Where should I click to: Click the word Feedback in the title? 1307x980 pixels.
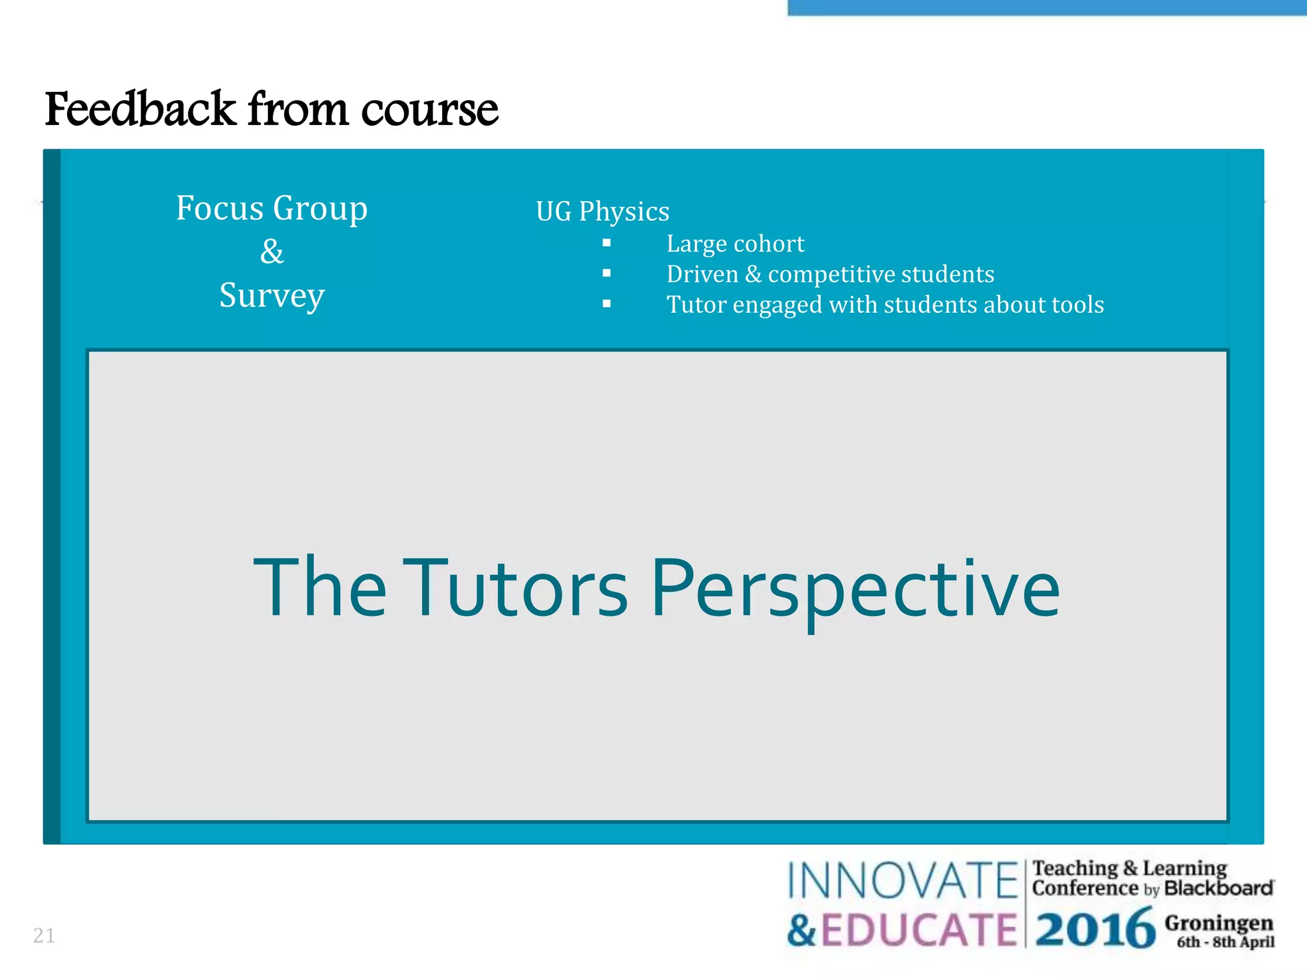140,109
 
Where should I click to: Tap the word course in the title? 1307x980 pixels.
429,110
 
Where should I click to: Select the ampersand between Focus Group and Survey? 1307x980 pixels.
272,251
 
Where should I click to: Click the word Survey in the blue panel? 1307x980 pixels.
272,295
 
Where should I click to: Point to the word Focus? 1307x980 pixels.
220,208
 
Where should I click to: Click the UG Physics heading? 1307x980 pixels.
602,211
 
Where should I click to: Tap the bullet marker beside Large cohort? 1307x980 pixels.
606,243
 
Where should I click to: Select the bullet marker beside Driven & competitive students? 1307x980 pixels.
606,274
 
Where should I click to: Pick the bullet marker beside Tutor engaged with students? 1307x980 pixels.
606,304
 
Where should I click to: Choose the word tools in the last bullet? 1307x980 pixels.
1078,304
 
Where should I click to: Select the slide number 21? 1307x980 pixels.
44,935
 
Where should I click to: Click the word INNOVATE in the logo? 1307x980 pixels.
902,881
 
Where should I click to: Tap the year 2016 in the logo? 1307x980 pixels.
1094,930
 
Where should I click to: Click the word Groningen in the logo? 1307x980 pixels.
1219,923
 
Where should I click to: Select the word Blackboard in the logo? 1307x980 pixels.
1218,888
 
